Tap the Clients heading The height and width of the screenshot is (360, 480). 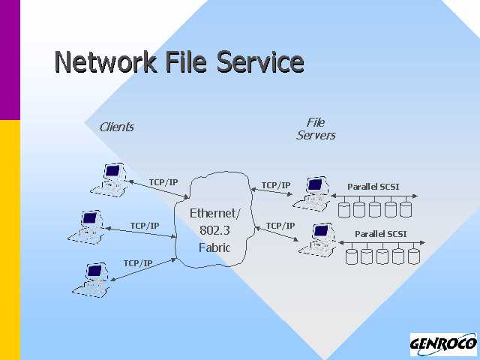pyautogui.click(x=116, y=127)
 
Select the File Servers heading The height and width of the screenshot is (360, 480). pyautogui.click(x=316, y=128)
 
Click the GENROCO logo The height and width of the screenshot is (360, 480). pyautogui.click(x=443, y=344)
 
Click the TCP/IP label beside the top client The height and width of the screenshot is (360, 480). pyautogui.click(x=163, y=182)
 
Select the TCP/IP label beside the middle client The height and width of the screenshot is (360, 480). pyautogui.click(x=145, y=225)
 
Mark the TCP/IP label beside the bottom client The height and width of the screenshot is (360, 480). pyautogui.click(x=138, y=262)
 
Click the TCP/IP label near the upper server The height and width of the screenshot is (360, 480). pyautogui.click(x=276, y=184)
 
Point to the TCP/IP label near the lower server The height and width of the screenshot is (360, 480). pyautogui.click(x=280, y=225)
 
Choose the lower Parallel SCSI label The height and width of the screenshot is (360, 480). pyautogui.click(x=381, y=233)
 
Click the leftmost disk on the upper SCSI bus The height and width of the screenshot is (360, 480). pyautogui.click(x=345, y=209)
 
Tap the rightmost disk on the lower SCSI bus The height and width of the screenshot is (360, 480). pyautogui.click(x=413, y=256)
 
